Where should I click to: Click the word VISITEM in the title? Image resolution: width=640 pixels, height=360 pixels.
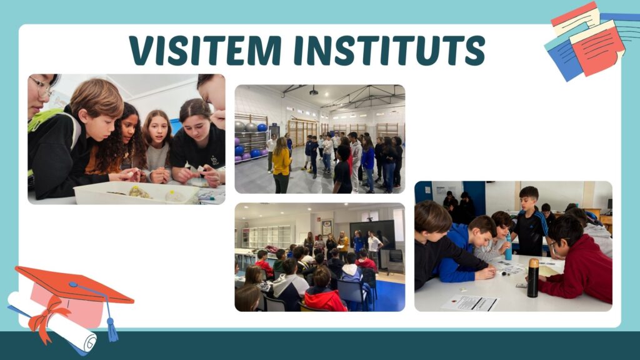(x=205, y=50)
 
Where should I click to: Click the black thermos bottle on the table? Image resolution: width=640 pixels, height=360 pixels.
(x=532, y=277)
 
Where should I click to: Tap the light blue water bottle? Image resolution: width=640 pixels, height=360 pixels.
(x=508, y=247)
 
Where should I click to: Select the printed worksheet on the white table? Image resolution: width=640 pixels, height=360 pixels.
(x=471, y=303)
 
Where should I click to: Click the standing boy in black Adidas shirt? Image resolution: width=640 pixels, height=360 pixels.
(x=530, y=222)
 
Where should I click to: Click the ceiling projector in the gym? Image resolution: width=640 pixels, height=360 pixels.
(x=314, y=91)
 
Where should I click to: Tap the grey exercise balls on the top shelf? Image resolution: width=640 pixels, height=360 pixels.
(x=245, y=126)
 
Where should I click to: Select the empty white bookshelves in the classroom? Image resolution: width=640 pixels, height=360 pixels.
(x=269, y=237)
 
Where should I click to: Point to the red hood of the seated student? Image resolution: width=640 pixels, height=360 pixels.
(x=324, y=300)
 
